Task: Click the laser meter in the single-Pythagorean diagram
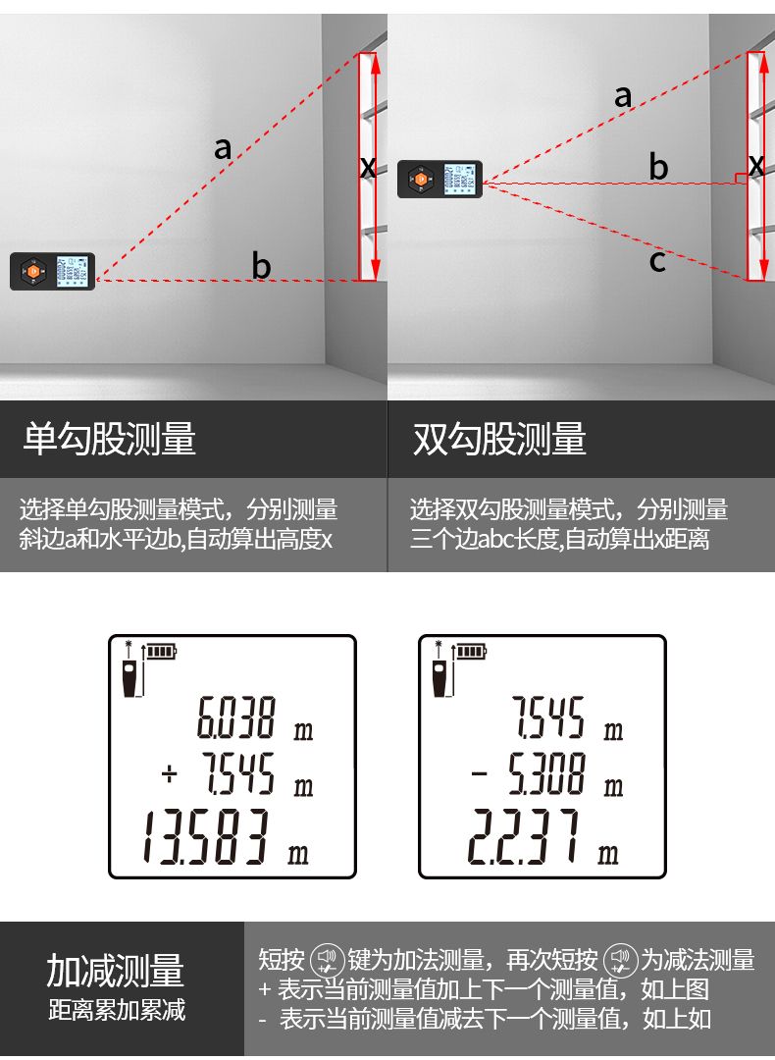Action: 53,271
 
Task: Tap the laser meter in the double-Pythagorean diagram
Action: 439,180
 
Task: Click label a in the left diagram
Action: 223,148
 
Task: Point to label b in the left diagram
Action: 261,265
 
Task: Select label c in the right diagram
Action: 656,261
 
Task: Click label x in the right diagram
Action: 756,165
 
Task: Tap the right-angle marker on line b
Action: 741,179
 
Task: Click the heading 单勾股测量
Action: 110,439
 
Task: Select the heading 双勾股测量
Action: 499,439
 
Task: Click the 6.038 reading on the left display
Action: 235,717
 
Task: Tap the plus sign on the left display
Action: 170,773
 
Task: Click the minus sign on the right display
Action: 479,772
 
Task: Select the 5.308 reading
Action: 546,773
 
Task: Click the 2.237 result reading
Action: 523,837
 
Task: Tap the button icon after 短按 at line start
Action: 327,960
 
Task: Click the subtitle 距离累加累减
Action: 117,1010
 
